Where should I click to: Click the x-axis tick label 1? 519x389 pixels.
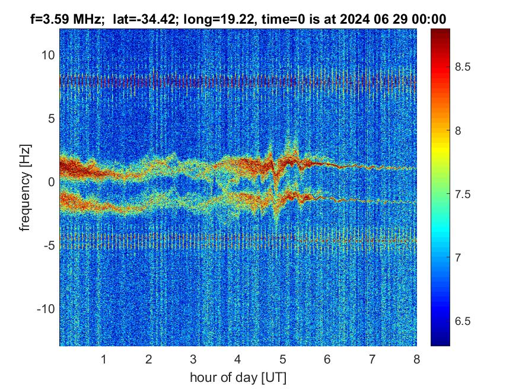104,359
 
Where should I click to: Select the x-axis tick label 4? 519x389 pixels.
238,359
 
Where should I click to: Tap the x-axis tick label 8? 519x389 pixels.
417,359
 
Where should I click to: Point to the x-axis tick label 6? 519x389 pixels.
327,359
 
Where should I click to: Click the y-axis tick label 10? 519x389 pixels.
47,55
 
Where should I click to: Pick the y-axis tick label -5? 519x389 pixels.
47,245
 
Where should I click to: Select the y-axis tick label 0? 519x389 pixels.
51,182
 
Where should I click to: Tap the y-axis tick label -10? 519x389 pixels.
44,309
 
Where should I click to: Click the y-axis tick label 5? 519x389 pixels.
51,119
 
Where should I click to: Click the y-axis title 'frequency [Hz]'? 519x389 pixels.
25,186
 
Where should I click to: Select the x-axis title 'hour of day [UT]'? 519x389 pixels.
238,377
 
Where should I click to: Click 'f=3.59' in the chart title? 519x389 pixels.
51,19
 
